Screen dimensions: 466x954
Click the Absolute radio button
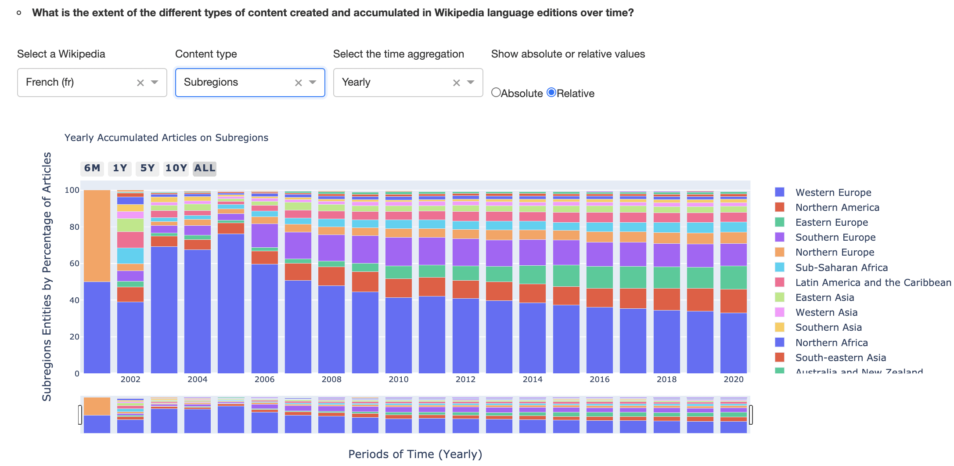(x=496, y=93)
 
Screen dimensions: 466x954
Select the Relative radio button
(x=551, y=93)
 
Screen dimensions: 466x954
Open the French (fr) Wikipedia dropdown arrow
(x=155, y=82)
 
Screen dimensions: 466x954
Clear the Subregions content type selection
(x=298, y=83)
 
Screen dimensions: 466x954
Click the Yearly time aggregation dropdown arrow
(x=471, y=82)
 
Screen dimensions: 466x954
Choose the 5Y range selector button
(x=148, y=168)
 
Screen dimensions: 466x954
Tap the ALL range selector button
(x=205, y=168)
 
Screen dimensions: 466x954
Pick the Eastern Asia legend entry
(x=824, y=297)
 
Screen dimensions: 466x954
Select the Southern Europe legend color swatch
(x=780, y=237)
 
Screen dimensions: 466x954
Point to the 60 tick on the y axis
(x=74, y=264)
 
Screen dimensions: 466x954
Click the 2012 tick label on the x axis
(x=465, y=379)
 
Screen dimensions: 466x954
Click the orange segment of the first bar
(x=97, y=236)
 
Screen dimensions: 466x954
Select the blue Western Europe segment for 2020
(x=734, y=343)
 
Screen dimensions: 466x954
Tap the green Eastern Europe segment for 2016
(x=600, y=277)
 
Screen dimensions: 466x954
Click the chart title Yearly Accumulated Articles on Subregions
(x=166, y=137)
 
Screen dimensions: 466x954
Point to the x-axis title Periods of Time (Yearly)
(x=415, y=454)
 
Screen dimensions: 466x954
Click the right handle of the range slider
(x=751, y=415)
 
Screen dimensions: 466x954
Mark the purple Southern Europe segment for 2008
(x=331, y=248)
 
